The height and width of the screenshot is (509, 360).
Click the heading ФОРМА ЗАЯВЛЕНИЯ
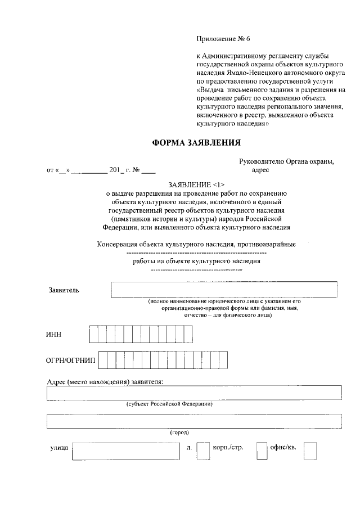[x=196, y=143]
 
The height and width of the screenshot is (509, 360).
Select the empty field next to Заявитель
[x=224, y=289]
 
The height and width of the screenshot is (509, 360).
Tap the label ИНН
[x=53, y=335]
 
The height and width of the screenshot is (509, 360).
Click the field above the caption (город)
[x=195, y=421]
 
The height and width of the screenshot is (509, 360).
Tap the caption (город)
[x=179, y=433]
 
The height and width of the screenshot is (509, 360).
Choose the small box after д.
[x=202, y=451]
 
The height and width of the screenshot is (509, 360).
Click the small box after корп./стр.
[x=262, y=451]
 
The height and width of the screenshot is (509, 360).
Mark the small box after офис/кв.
[x=310, y=451]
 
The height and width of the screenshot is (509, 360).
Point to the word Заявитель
[x=64, y=290]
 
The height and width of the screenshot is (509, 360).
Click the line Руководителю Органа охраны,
[x=286, y=161]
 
